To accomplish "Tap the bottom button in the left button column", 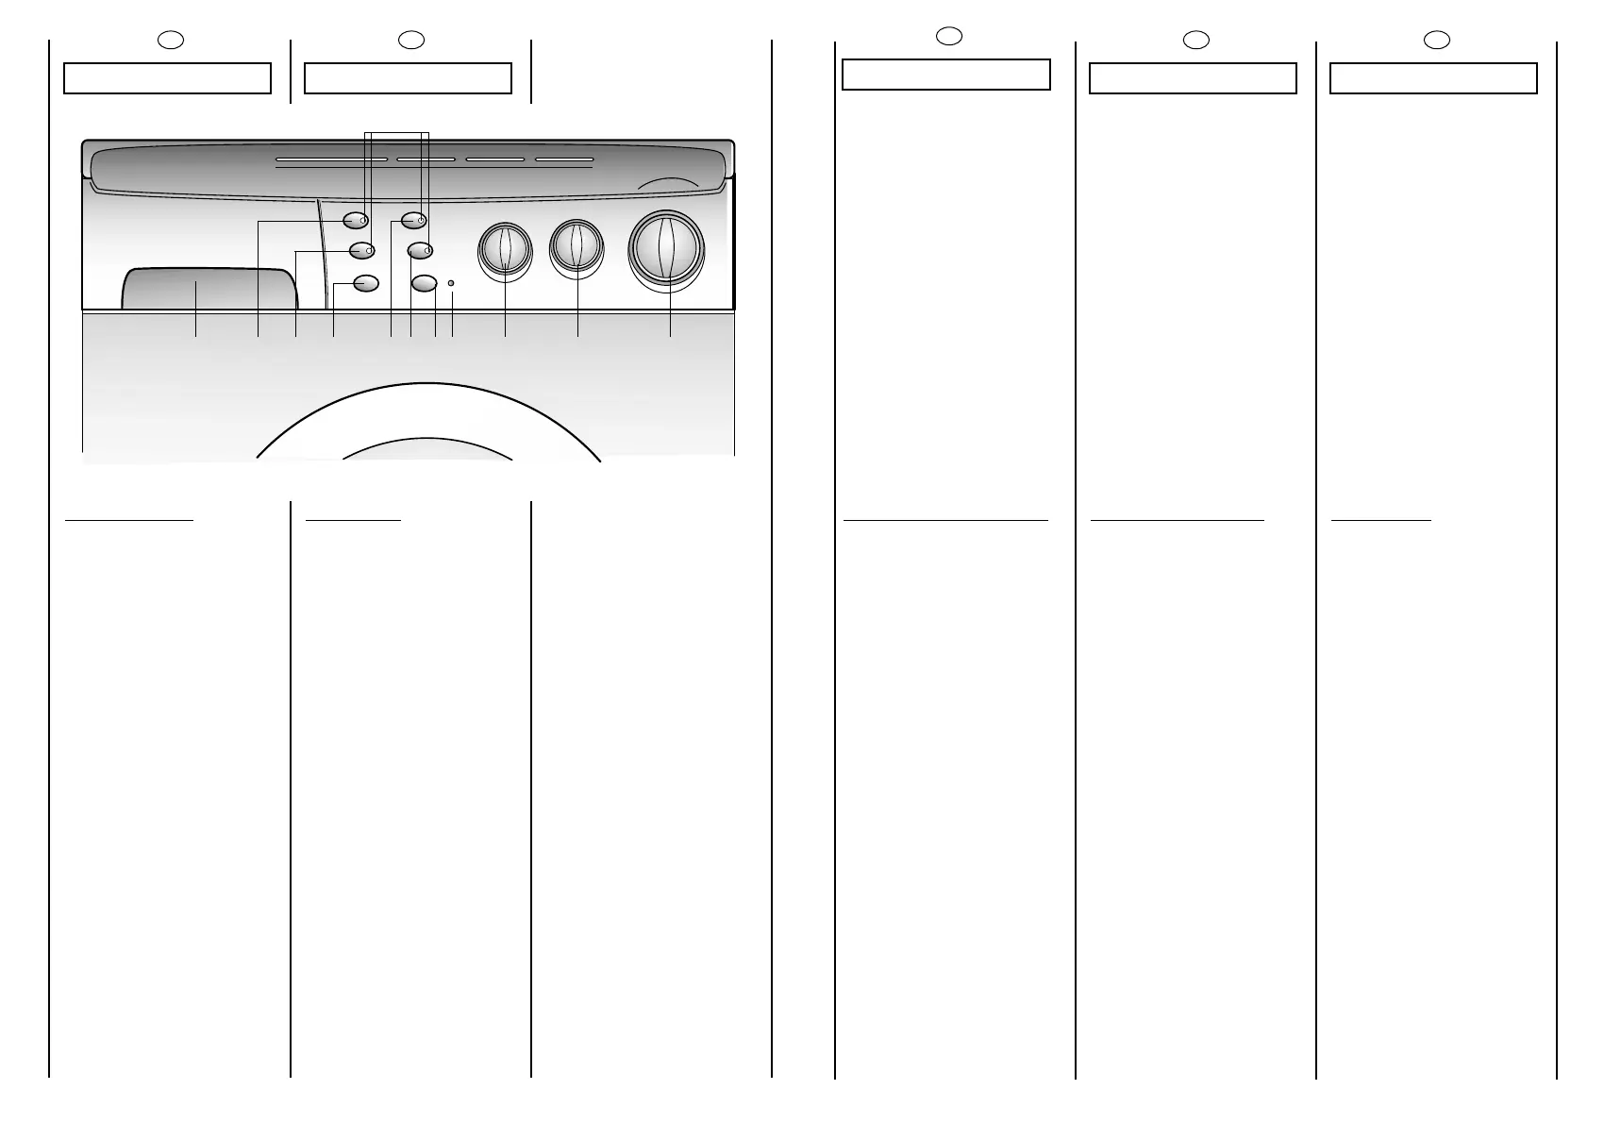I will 365,282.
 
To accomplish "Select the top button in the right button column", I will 413,221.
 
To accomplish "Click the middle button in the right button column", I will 420,250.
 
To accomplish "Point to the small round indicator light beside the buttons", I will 451,283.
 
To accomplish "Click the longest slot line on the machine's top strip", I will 331,159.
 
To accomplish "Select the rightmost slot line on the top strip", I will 564,159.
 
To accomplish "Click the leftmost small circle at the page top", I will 169,40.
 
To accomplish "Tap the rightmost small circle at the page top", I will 1436,40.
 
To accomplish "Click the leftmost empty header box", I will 167,78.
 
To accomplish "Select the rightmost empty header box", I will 1433,78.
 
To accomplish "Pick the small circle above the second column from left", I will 410,40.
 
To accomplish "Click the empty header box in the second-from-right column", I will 1193,78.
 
